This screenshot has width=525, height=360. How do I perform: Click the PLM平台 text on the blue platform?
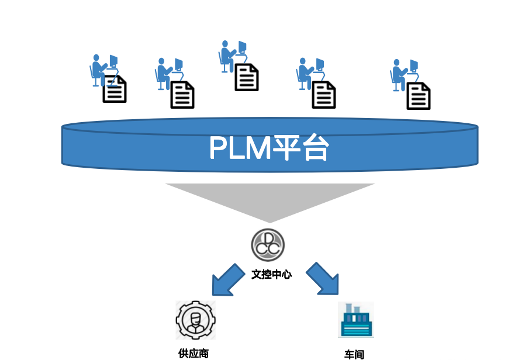click(269, 149)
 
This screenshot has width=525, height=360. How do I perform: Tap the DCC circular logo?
click(268, 244)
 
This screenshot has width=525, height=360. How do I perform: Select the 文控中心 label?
click(271, 274)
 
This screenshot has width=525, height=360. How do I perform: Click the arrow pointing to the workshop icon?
click(323, 278)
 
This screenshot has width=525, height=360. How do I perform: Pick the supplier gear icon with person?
click(196, 320)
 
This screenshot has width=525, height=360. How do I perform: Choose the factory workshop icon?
click(355, 320)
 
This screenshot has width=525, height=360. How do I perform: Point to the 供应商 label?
click(194, 353)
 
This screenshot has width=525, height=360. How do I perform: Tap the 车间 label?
click(354, 354)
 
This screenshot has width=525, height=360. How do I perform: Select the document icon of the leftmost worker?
click(115, 89)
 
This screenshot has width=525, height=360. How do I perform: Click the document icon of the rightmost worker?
click(419, 96)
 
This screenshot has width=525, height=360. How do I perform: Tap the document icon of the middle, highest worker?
click(247, 77)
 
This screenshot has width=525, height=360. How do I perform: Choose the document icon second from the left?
click(182, 95)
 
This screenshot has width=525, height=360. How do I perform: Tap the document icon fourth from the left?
click(324, 95)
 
